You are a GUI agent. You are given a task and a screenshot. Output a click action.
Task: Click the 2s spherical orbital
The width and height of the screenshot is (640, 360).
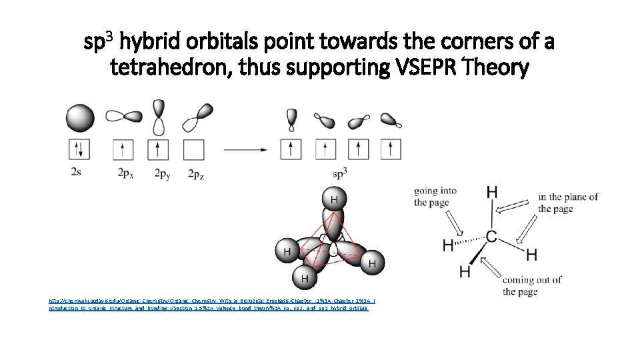pyautogui.click(x=79, y=118)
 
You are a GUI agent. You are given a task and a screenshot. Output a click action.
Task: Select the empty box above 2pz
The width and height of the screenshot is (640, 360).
pyautogui.click(x=193, y=149)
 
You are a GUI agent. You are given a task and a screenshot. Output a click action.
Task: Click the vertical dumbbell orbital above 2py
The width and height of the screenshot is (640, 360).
pyautogui.click(x=158, y=117)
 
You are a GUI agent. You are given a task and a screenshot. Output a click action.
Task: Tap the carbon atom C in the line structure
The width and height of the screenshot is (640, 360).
pyautogui.click(x=491, y=237)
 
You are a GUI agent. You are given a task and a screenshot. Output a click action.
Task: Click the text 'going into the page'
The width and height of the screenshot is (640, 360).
pyautogui.click(x=435, y=197)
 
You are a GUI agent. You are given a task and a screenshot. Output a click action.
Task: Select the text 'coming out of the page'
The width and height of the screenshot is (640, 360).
pyautogui.click(x=531, y=285)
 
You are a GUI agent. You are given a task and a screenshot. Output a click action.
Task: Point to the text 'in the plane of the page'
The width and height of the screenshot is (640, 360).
pyautogui.click(x=568, y=203)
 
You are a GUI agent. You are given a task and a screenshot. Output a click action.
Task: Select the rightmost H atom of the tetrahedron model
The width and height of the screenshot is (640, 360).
pyautogui.click(x=371, y=264)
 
